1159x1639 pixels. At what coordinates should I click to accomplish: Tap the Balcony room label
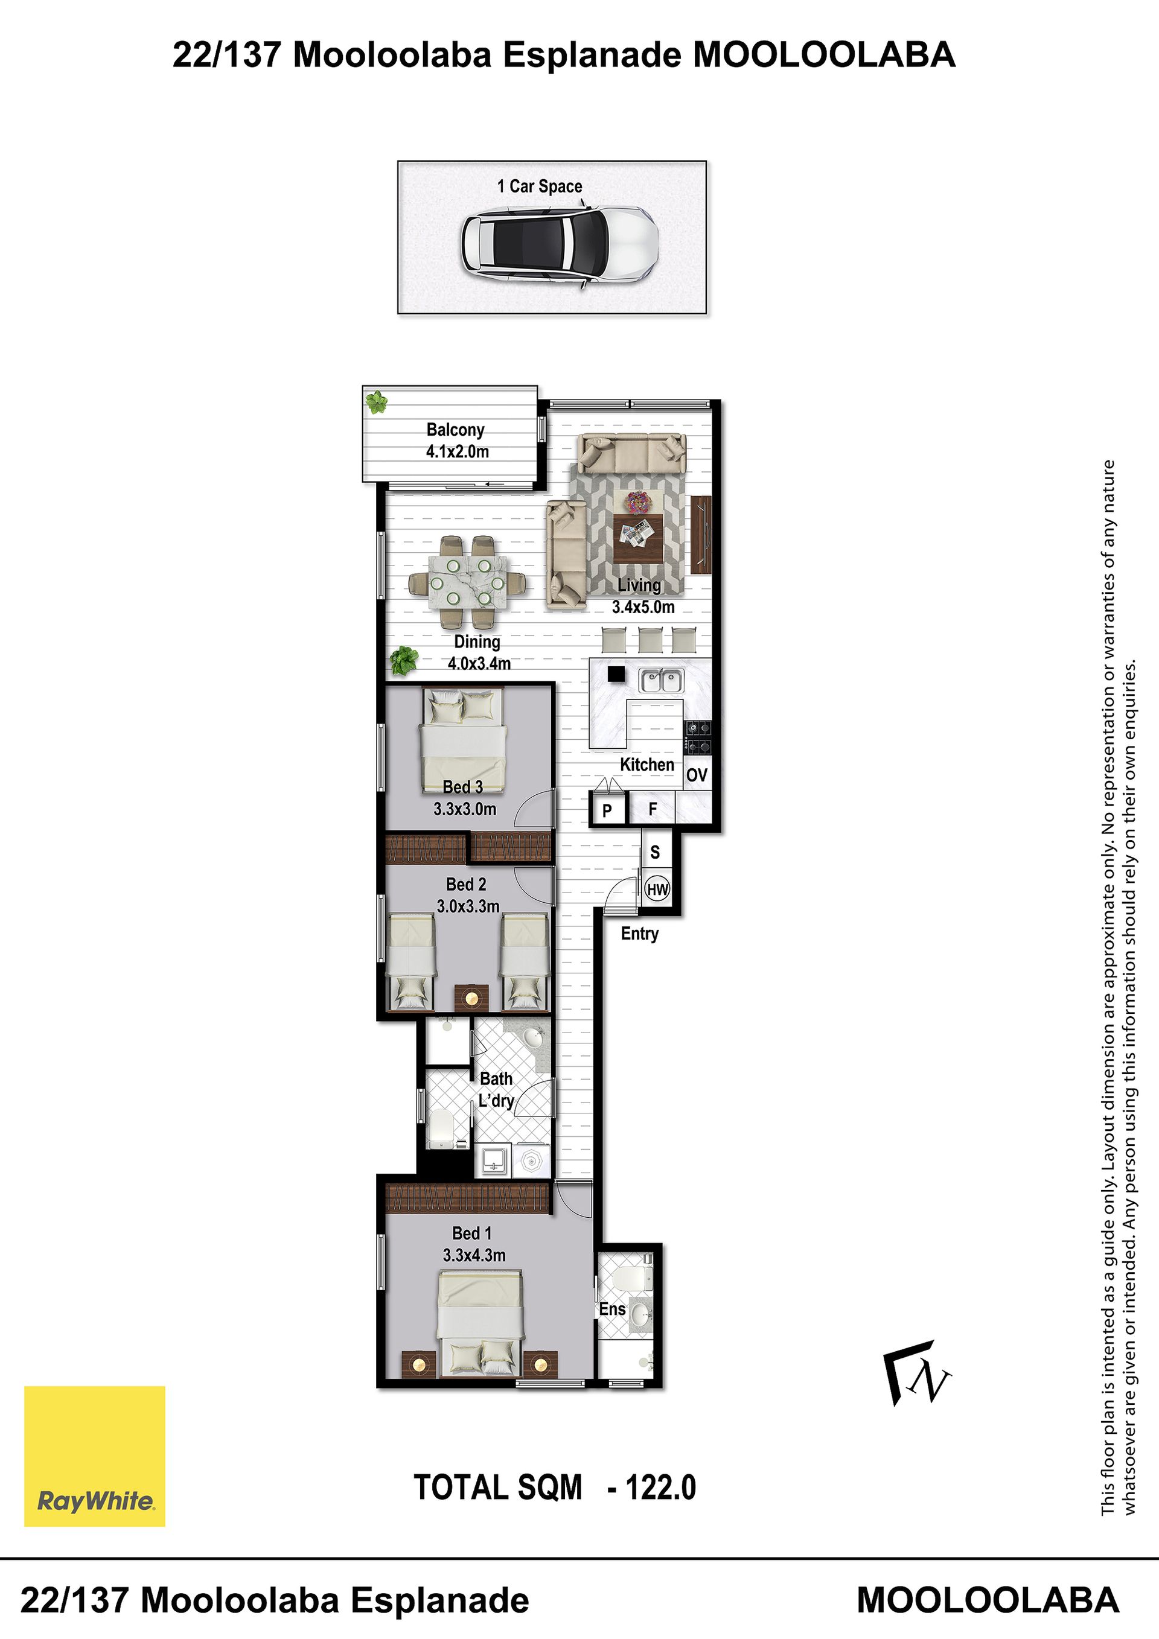click(x=455, y=430)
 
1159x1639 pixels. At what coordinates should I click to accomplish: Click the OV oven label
click(x=697, y=775)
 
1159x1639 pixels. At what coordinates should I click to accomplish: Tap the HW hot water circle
click(x=657, y=890)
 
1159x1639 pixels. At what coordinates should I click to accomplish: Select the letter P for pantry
click(x=607, y=811)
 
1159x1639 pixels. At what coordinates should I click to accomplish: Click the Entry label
click(x=639, y=934)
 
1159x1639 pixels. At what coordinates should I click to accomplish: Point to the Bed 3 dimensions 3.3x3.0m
click(x=464, y=809)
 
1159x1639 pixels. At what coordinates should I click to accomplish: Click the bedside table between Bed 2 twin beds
click(x=472, y=998)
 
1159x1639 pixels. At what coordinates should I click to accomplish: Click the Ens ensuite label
click(x=612, y=1309)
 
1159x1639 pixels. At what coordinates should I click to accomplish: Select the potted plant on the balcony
click(x=375, y=402)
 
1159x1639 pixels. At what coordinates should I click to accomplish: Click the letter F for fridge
click(x=652, y=809)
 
